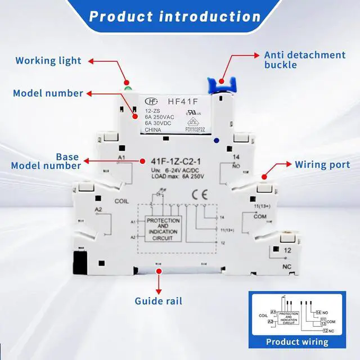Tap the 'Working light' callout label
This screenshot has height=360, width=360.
click(x=48, y=60)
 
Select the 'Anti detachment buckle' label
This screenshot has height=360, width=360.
click(x=305, y=60)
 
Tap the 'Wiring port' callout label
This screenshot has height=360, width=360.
click(x=323, y=165)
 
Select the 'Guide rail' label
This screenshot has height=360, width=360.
click(x=159, y=301)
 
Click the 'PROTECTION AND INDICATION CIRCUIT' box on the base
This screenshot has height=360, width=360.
click(x=163, y=229)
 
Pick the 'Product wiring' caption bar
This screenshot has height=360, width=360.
click(x=297, y=341)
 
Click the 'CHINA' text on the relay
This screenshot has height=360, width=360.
click(x=153, y=130)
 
